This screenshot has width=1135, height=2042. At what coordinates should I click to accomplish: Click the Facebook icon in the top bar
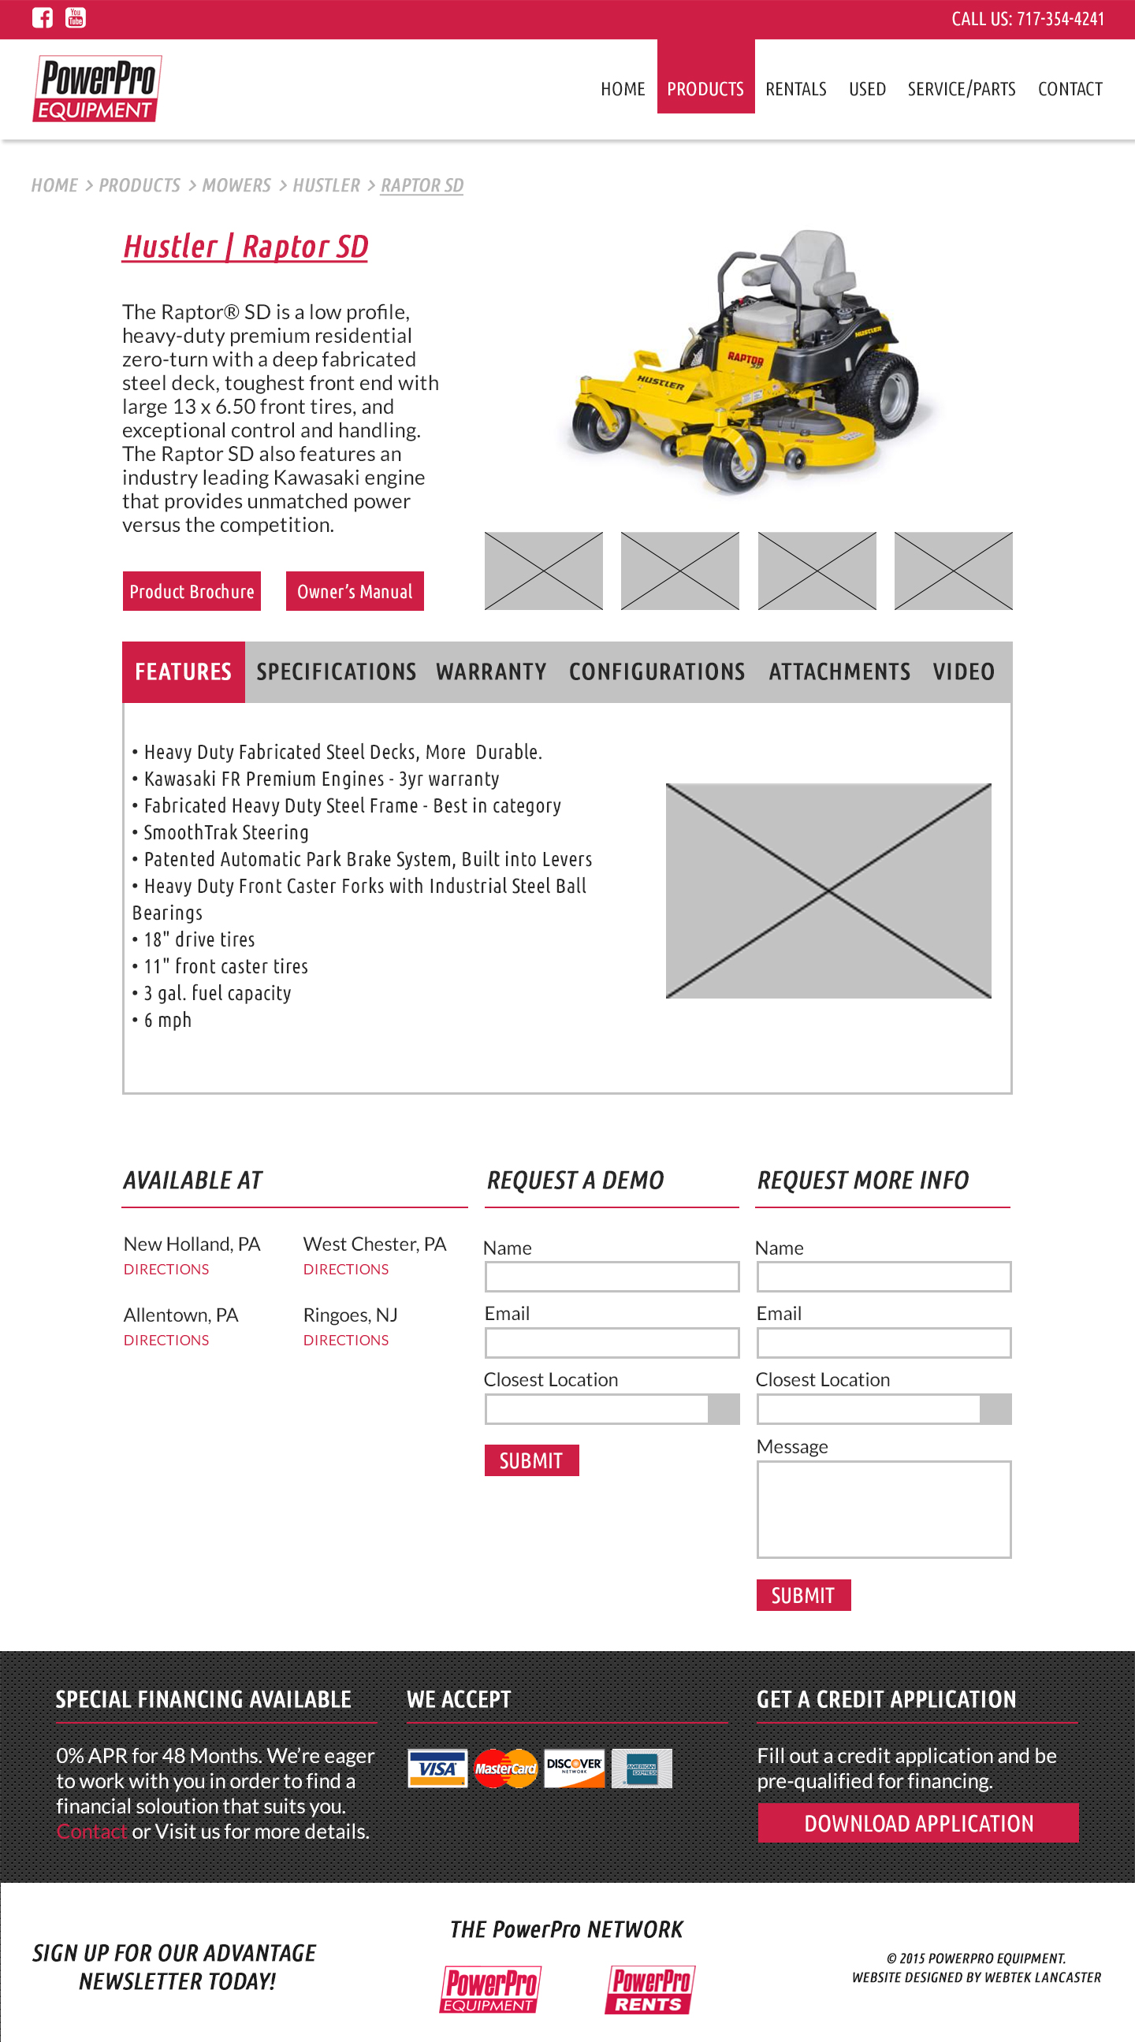(x=42, y=17)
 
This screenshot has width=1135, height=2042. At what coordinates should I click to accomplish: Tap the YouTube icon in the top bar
(x=76, y=17)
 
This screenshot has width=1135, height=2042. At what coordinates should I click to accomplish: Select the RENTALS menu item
(x=796, y=89)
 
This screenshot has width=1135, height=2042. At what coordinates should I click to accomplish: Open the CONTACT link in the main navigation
(x=1070, y=89)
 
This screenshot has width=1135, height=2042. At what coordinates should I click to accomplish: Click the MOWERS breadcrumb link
(x=236, y=185)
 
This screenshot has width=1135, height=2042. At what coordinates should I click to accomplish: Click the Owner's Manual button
(x=354, y=591)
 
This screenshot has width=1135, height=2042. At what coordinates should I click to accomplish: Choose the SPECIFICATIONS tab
(x=336, y=672)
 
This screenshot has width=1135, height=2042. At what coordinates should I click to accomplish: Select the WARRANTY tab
(x=491, y=672)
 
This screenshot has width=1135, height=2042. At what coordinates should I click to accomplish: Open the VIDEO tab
(x=963, y=672)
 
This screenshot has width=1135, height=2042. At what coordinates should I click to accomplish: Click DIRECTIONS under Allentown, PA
(x=166, y=1340)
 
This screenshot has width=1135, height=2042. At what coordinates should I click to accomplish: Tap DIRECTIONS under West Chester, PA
(x=345, y=1269)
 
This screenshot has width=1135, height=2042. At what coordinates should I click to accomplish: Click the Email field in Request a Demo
(x=612, y=1343)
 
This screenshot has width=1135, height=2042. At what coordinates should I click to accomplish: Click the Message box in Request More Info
(x=884, y=1509)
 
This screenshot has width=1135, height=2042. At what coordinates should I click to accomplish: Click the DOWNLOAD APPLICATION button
(x=917, y=1823)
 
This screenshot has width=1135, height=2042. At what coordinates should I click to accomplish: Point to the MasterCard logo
(x=506, y=1769)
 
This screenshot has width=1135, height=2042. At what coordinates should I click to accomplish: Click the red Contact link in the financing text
(x=91, y=1831)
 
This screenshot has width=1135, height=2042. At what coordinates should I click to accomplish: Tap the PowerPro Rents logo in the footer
(x=650, y=1990)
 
